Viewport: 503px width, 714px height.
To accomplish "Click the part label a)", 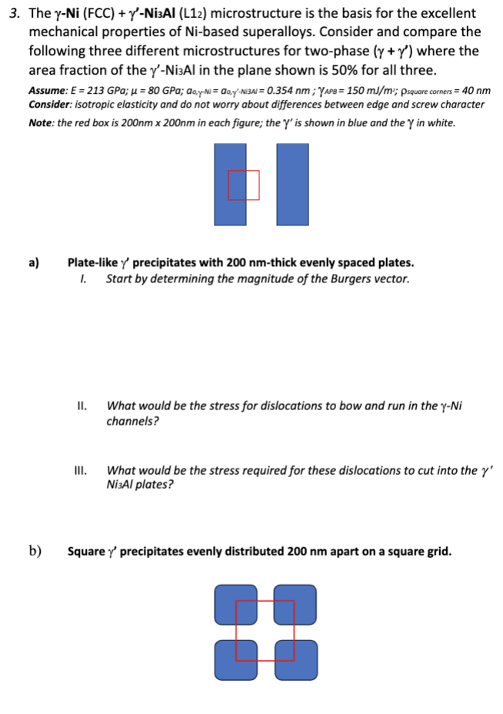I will tap(34, 262).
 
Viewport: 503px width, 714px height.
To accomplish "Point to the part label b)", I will tap(35, 551).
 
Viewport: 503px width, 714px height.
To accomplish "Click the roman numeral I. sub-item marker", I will tap(82, 278).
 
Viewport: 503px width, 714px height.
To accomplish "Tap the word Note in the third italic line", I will tap(42, 122).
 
